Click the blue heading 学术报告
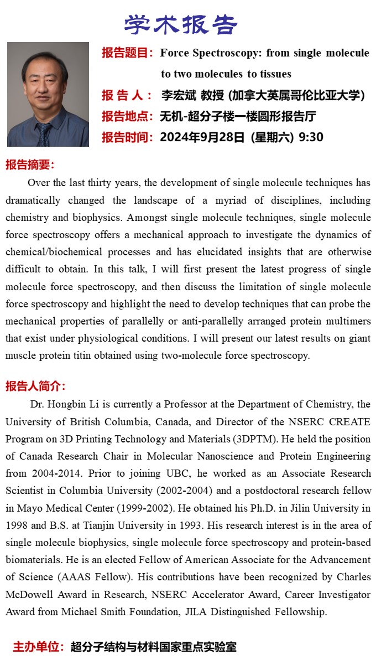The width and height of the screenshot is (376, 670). pyautogui.click(x=181, y=24)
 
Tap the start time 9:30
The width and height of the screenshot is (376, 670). pyautogui.click(x=311, y=137)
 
